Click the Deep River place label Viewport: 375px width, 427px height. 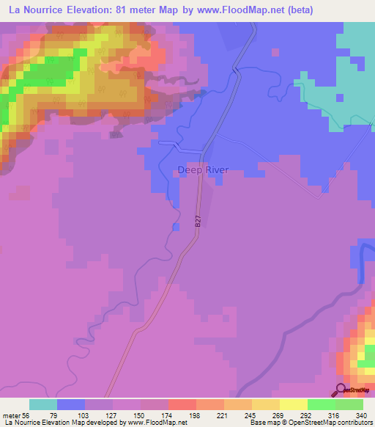coord(203,170)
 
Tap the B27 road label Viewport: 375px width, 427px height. coord(198,219)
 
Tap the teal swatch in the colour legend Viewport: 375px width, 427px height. coord(43,404)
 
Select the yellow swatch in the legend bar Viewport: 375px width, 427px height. coord(293,404)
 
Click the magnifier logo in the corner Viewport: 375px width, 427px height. coord(340,390)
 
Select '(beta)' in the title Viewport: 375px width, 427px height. coord(300,10)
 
